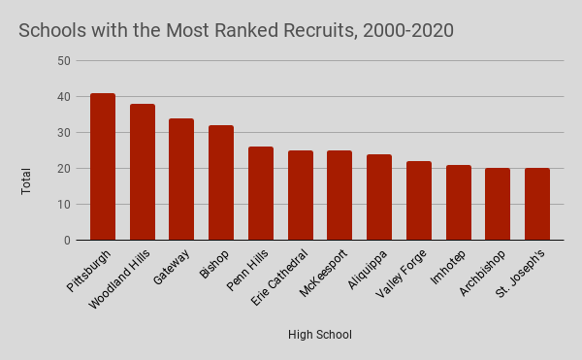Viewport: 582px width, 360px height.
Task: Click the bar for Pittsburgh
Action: (x=103, y=167)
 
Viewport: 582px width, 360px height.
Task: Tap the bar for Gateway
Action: (x=181, y=180)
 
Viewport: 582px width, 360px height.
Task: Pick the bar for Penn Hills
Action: (x=261, y=193)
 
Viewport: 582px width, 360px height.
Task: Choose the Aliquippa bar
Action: (x=379, y=197)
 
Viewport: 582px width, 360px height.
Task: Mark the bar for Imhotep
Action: (x=459, y=203)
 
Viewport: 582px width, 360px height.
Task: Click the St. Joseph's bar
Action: (x=537, y=204)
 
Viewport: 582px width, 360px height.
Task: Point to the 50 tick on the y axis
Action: (x=64, y=61)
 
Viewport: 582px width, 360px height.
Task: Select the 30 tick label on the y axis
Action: (x=64, y=133)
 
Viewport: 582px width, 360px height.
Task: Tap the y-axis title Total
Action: (x=27, y=180)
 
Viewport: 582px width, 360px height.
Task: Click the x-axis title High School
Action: (x=319, y=335)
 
